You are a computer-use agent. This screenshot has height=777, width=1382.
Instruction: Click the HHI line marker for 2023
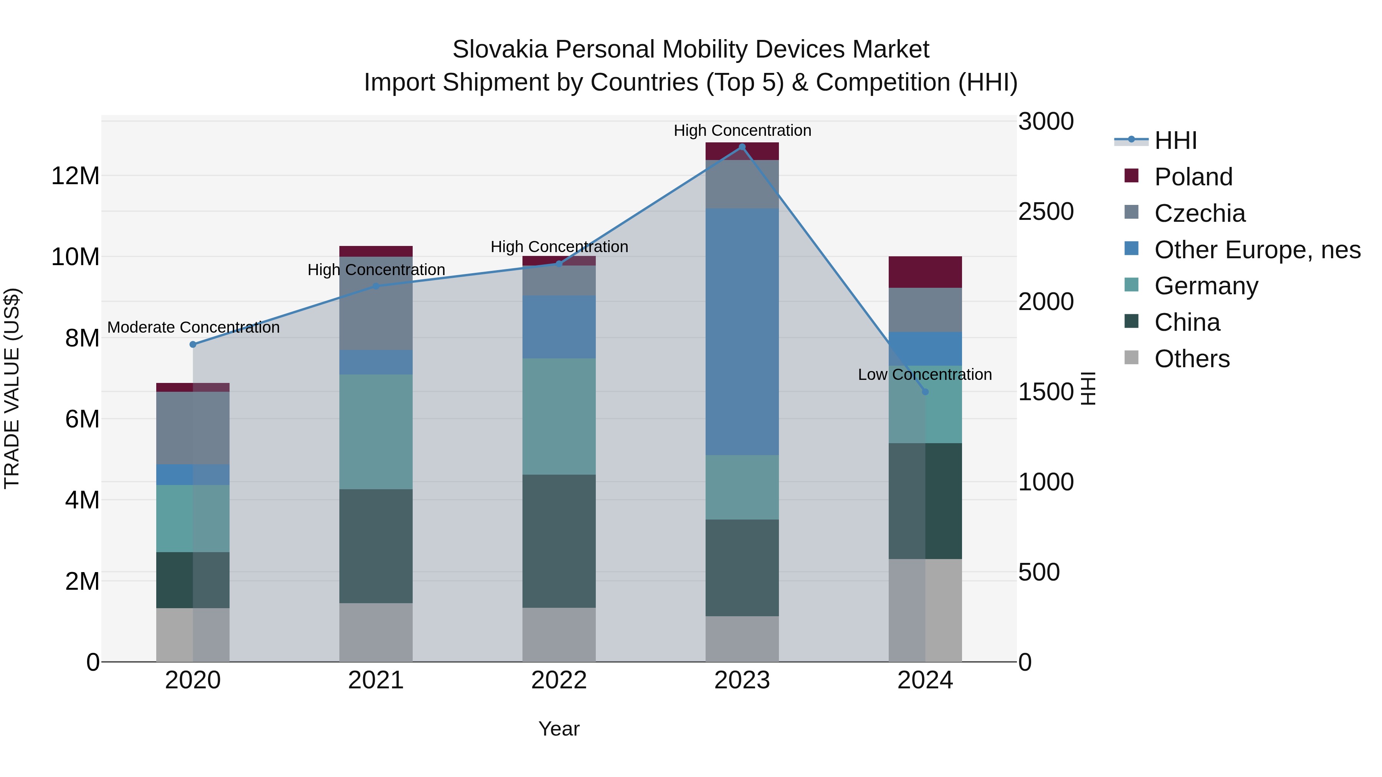pos(742,147)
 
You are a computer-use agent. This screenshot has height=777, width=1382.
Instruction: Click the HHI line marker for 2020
pos(193,344)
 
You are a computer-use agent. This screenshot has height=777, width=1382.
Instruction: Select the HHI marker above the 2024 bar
pos(925,391)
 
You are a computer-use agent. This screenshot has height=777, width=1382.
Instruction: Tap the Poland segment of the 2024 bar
pos(925,272)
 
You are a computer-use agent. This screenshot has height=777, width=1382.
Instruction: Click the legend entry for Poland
pos(1193,177)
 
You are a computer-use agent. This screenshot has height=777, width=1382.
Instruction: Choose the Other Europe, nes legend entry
pos(1257,250)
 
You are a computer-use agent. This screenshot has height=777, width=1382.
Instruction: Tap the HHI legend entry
pos(1175,140)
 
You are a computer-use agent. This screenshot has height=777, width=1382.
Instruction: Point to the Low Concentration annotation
pos(924,374)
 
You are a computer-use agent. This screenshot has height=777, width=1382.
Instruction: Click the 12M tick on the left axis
pos(75,176)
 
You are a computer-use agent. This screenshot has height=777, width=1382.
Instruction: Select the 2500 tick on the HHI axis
pos(1046,211)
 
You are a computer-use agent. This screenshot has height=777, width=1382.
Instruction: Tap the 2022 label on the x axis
pos(559,680)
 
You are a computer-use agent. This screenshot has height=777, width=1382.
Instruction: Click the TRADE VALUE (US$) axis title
pos(12,388)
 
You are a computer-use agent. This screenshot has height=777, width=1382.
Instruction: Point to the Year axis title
pos(559,729)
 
